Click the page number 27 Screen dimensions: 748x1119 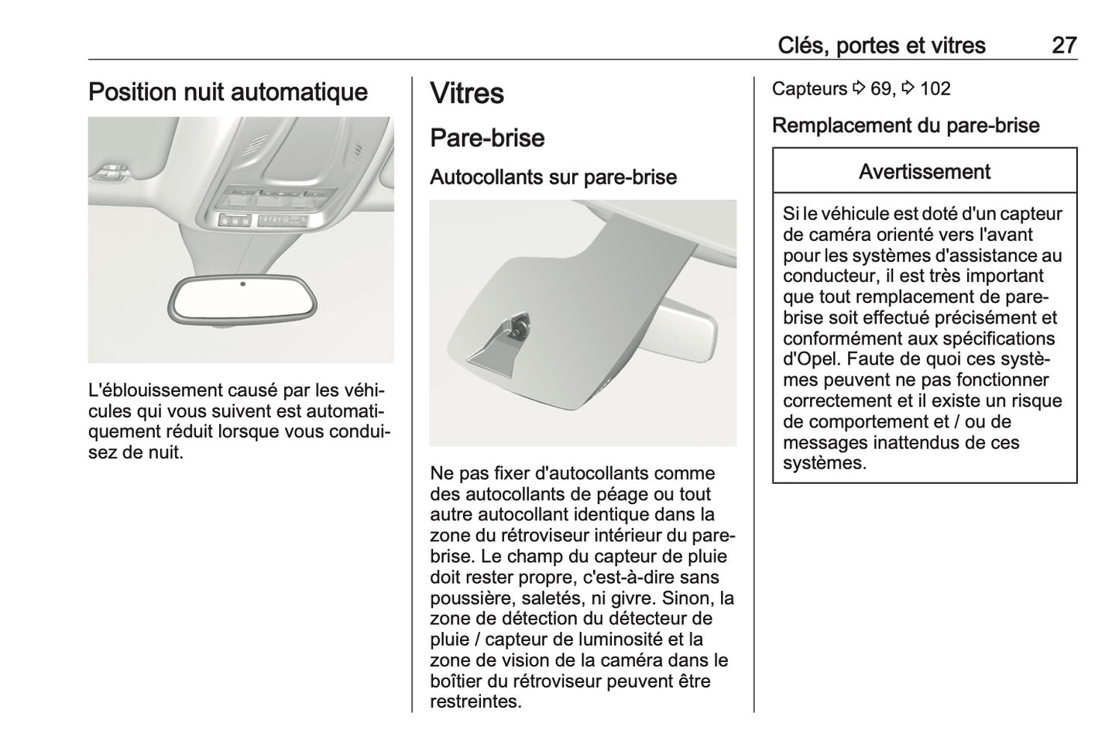click(1063, 46)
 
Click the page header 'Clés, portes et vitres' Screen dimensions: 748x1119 click(881, 46)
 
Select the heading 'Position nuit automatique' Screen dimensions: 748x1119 click(228, 92)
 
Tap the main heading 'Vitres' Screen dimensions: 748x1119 click(466, 94)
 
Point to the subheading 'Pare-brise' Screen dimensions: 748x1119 click(487, 139)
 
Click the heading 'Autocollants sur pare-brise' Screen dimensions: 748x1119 click(553, 177)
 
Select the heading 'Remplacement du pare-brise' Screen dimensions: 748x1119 click(905, 125)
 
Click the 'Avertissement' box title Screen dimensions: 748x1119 click(924, 171)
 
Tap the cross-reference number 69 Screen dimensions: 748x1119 click(880, 89)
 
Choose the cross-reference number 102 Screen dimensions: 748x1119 click(935, 89)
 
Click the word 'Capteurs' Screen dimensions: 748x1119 click(809, 89)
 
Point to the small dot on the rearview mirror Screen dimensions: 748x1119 click(242, 284)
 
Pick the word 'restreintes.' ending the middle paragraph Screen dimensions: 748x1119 click(475, 702)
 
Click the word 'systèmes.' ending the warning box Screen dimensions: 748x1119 click(824, 464)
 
